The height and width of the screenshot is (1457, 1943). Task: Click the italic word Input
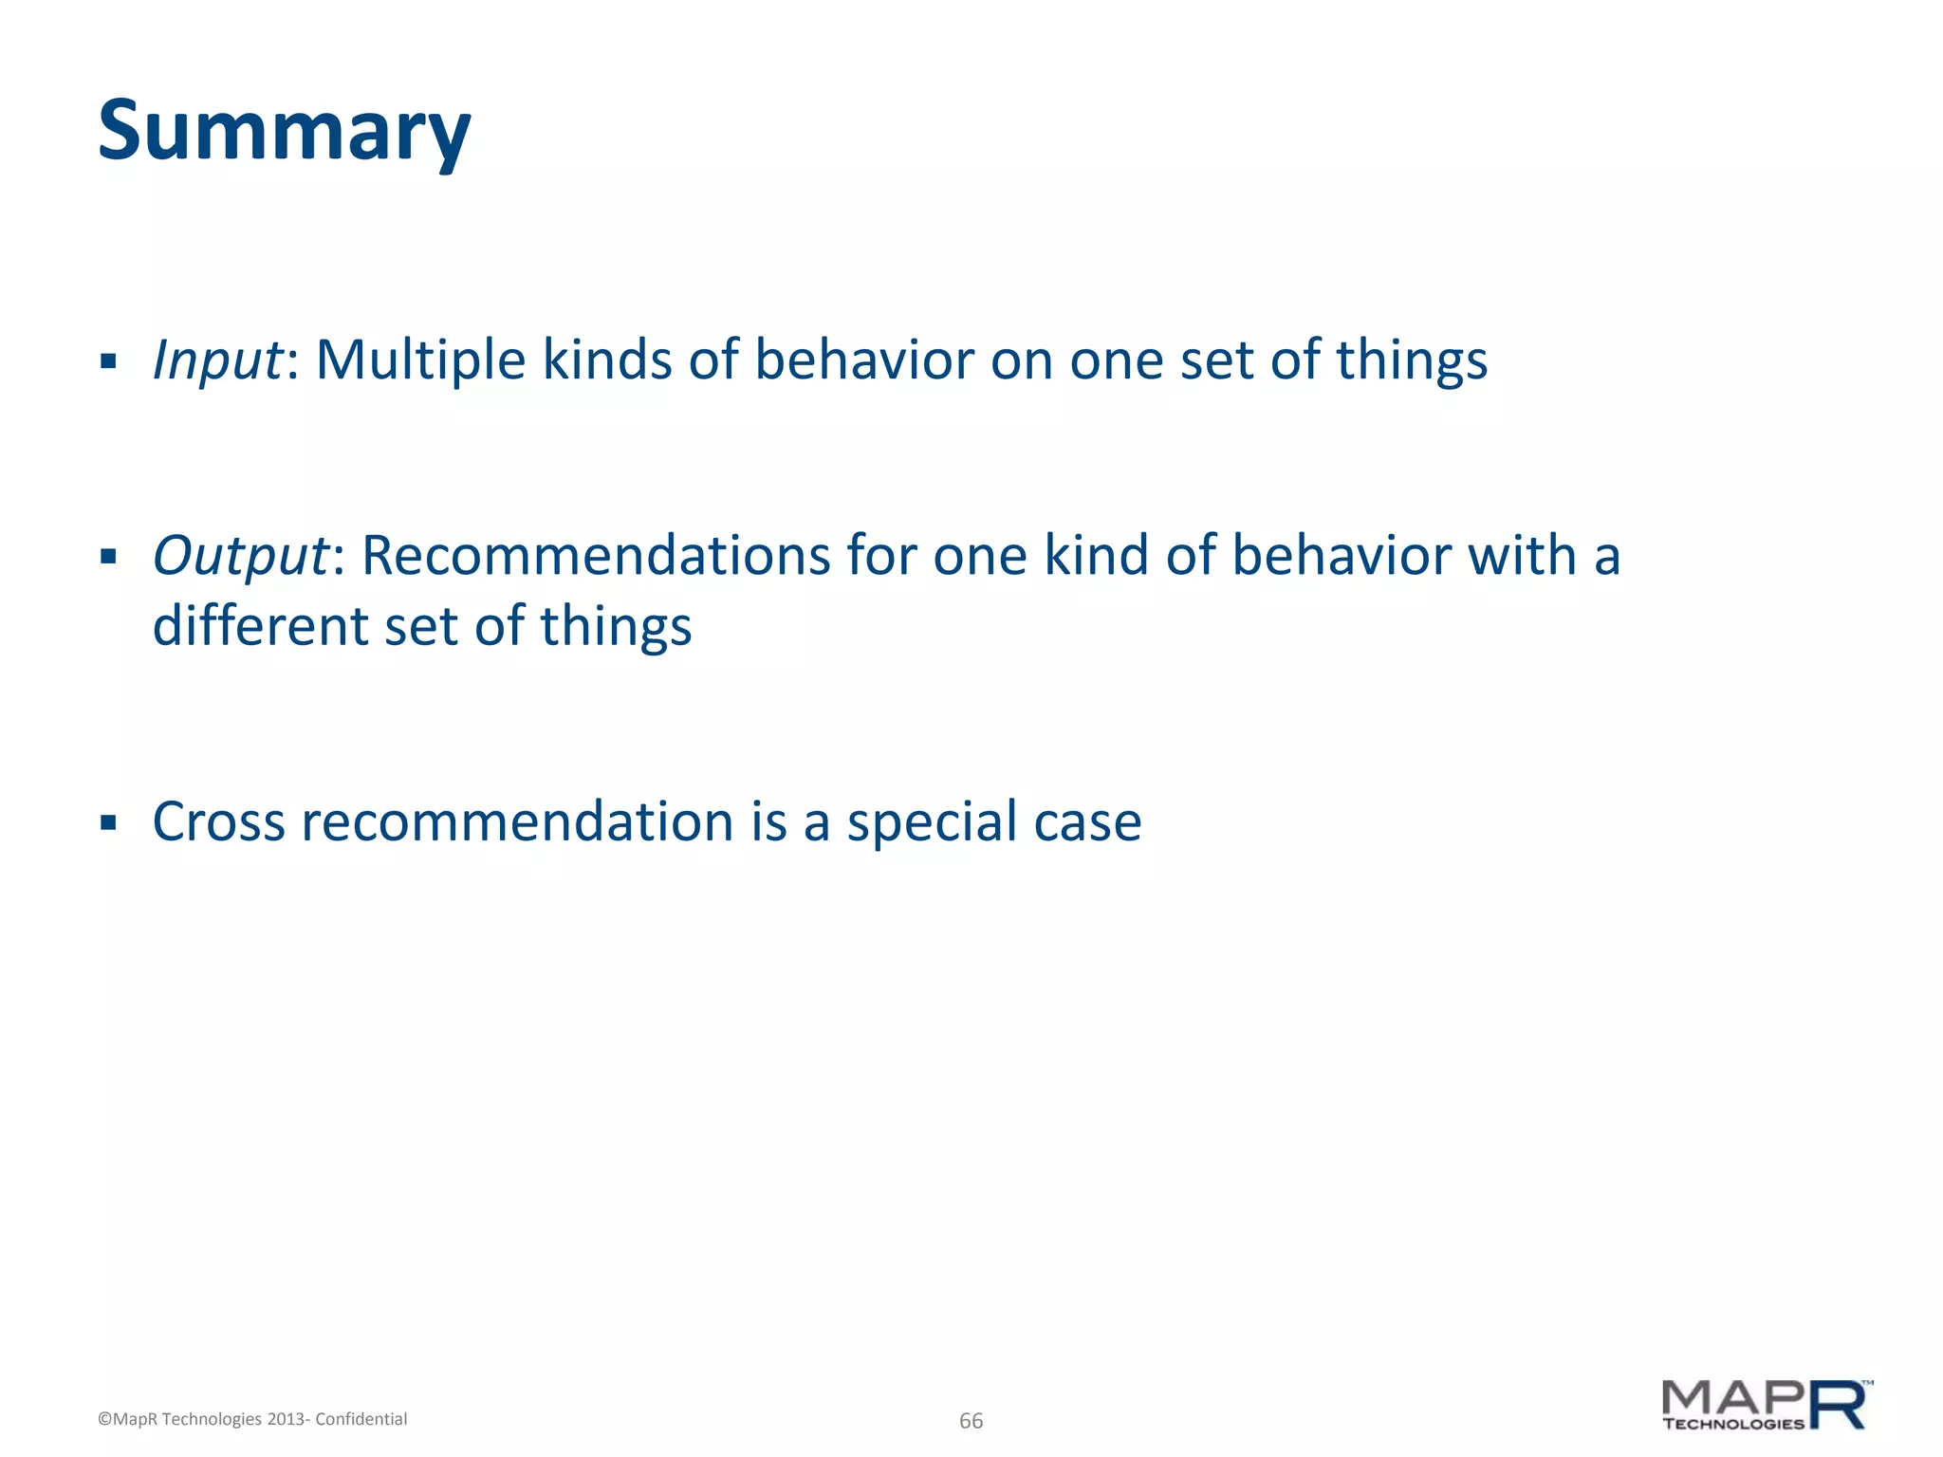click(x=217, y=361)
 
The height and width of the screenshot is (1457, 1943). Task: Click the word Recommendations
click(x=596, y=556)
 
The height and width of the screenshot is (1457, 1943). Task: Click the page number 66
click(x=971, y=1421)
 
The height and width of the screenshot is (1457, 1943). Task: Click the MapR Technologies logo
click(x=1765, y=1406)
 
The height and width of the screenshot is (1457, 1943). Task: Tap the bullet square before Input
click(x=108, y=361)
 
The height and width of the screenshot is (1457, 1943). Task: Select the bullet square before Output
click(x=108, y=556)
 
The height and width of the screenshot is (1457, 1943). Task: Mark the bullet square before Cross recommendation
click(x=108, y=821)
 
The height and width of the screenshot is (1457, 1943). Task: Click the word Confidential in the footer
click(x=361, y=1419)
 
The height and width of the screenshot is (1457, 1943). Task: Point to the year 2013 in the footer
click(x=286, y=1419)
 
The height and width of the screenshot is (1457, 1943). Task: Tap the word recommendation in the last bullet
click(x=518, y=821)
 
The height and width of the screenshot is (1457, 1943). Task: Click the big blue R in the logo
click(x=1837, y=1405)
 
